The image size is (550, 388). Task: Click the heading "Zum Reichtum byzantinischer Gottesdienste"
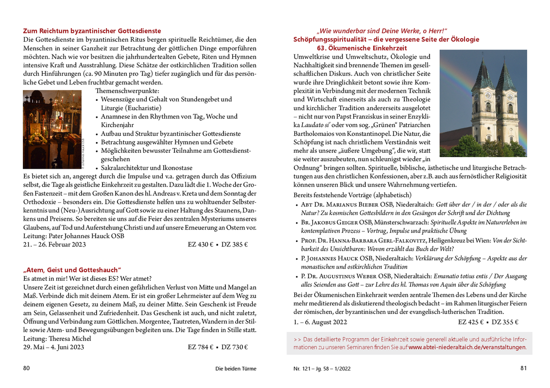point(92,31)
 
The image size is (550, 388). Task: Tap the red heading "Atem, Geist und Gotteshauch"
point(72,270)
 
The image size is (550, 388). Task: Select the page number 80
point(27,368)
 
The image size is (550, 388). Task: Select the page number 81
point(523,368)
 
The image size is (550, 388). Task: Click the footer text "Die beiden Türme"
point(236,369)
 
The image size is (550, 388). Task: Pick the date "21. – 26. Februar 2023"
point(54,244)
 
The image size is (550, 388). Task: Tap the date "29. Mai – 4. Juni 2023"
point(53,347)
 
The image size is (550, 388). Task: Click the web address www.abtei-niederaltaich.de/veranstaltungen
point(467,347)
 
